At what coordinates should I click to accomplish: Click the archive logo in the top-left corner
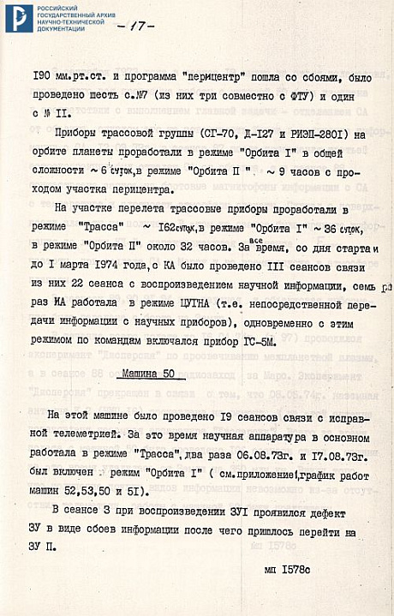[17, 17]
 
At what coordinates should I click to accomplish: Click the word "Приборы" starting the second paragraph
[75, 135]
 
